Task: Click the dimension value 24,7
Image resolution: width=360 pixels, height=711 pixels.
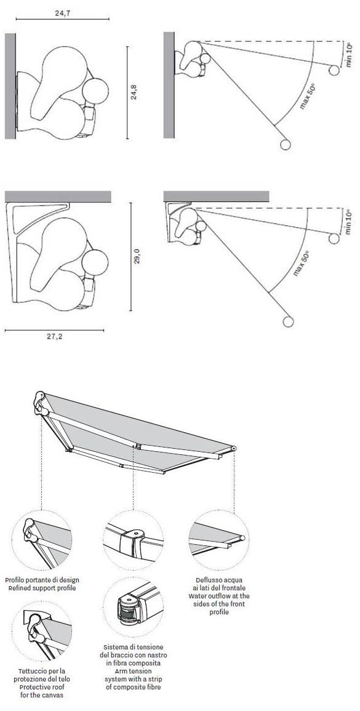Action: [x=63, y=11]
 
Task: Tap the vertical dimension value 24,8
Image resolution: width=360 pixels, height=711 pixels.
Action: [x=134, y=92]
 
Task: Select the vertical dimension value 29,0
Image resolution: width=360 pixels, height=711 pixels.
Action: [x=138, y=255]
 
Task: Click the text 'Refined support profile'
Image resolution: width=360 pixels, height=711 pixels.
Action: [x=42, y=588]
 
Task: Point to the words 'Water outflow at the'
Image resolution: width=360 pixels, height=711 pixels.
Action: [x=219, y=596]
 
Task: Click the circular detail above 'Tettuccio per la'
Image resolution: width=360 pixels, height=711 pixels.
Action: [x=42, y=630]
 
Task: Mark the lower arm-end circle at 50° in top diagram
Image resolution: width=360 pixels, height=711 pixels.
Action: [x=285, y=145]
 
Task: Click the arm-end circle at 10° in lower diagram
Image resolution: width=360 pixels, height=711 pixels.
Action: [x=334, y=238]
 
